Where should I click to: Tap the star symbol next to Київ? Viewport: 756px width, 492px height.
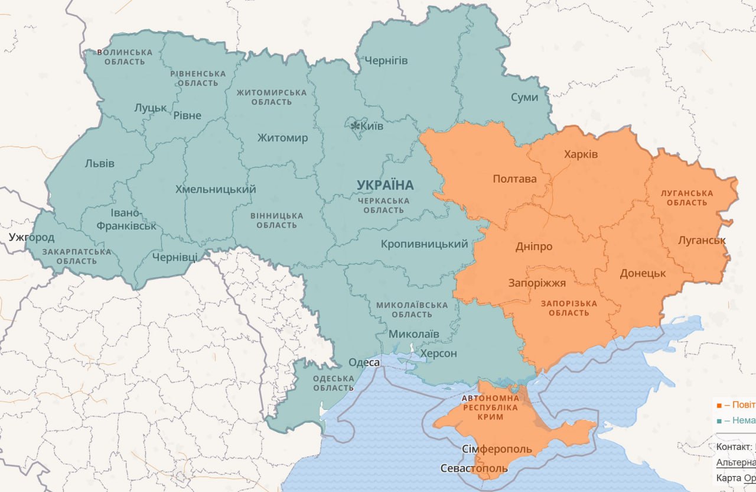click(355, 126)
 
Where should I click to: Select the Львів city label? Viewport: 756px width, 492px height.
click(99, 163)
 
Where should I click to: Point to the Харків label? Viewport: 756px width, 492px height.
click(581, 154)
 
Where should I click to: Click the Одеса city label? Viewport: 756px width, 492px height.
click(364, 362)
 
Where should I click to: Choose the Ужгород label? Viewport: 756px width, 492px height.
click(31, 238)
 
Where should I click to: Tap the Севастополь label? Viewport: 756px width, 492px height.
click(474, 468)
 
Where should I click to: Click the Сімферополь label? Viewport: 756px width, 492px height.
click(497, 449)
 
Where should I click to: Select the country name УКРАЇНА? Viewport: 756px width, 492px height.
click(385, 185)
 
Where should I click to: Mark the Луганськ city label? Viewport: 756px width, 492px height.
click(702, 240)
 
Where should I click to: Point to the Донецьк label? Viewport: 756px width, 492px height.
click(643, 273)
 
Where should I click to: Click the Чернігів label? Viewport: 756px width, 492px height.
click(386, 60)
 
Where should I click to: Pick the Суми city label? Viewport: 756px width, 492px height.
click(524, 97)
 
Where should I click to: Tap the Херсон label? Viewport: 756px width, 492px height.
click(438, 354)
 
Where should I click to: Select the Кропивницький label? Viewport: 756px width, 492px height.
click(424, 244)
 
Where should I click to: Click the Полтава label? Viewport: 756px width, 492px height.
click(514, 179)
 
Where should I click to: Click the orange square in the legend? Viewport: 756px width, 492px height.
click(719, 406)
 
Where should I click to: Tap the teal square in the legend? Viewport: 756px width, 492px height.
click(719, 420)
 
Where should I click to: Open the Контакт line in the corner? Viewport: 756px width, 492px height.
click(735, 446)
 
